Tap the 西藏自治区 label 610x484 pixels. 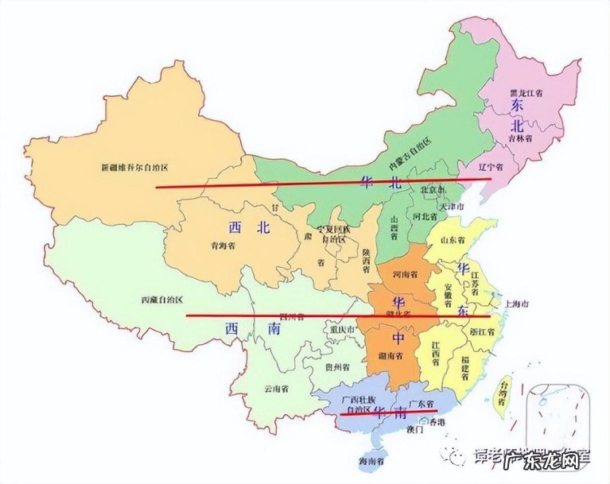[162, 300]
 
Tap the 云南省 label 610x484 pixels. [276, 389]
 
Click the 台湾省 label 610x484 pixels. [502, 393]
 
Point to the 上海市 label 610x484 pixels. [514, 304]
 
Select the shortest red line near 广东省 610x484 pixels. [388, 412]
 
